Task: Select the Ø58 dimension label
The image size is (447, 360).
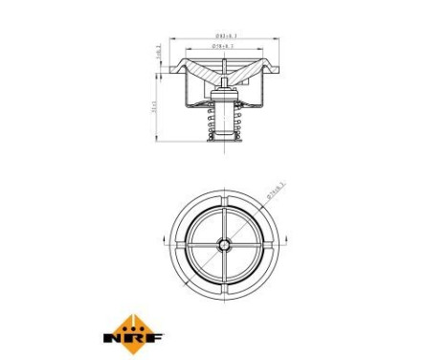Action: (226, 44)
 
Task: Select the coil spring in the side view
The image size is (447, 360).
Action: (225, 120)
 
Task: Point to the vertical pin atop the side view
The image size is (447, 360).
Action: (225, 65)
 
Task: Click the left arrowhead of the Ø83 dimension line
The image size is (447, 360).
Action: (172, 39)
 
